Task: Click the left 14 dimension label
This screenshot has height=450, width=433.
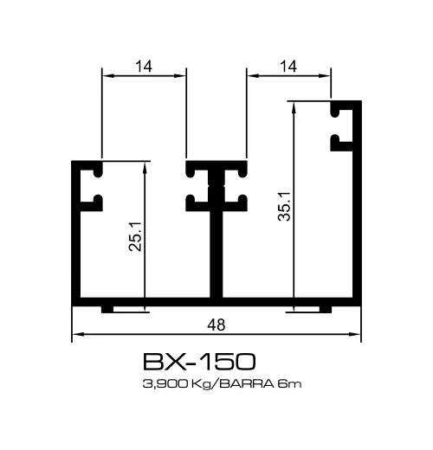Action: (x=145, y=64)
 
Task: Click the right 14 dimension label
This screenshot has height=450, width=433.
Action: (x=289, y=64)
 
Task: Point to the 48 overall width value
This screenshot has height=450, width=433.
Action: (x=216, y=325)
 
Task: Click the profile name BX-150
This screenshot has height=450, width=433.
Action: (x=198, y=361)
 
